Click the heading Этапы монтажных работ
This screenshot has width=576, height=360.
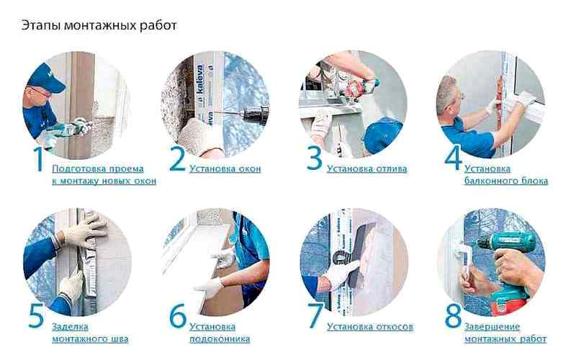pyautogui.click(x=99, y=26)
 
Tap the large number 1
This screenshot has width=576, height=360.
pyautogui.click(x=39, y=158)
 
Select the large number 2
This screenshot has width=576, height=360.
pyautogui.click(x=177, y=158)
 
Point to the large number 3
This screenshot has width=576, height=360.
pyautogui.click(x=315, y=158)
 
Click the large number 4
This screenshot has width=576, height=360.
pyautogui.click(x=453, y=158)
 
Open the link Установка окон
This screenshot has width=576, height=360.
pyautogui.click(x=225, y=169)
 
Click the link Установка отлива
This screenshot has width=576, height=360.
pyautogui.click(x=367, y=169)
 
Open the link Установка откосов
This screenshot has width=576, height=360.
pyautogui.click(x=370, y=327)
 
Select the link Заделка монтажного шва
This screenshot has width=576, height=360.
pyautogui.click(x=90, y=333)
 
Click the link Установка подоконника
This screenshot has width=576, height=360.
pyautogui.click(x=220, y=333)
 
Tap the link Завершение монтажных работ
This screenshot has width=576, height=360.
pyautogui.click(x=505, y=333)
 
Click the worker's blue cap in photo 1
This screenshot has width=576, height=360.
pyautogui.click(x=46, y=78)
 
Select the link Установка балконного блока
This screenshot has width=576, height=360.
pyautogui.click(x=506, y=175)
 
